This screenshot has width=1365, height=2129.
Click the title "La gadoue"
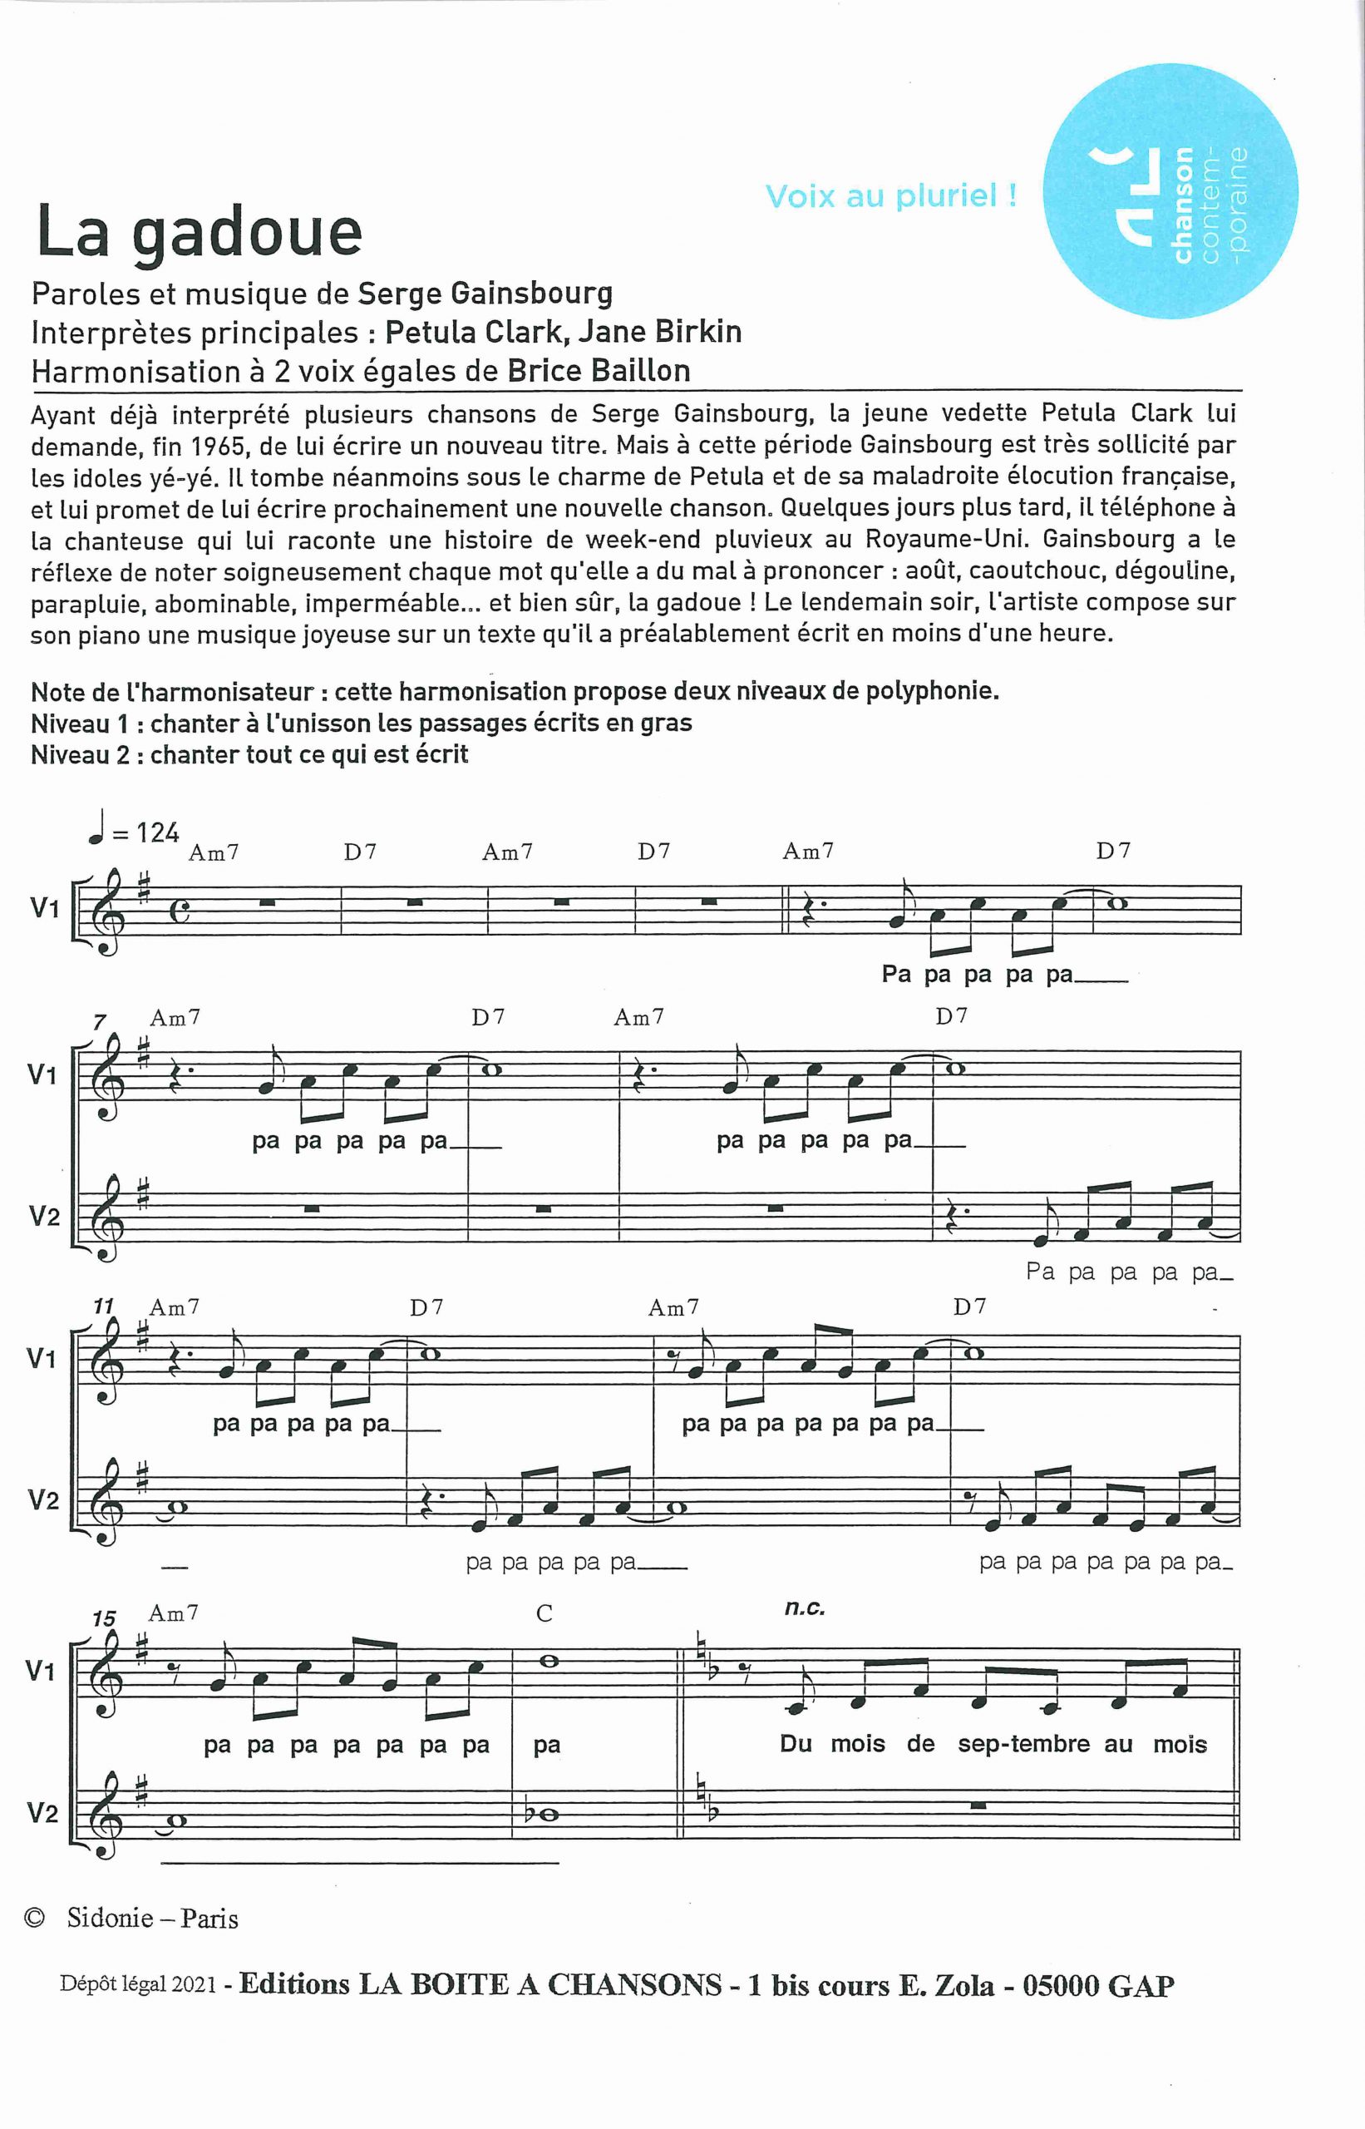pos(200,232)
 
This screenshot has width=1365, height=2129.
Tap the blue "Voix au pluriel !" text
pos(891,196)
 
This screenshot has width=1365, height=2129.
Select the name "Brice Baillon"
pos(599,370)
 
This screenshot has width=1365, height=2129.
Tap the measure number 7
pos(98,1023)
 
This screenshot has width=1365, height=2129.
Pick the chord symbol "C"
pos(545,1614)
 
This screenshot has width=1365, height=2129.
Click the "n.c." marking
pos(805,1608)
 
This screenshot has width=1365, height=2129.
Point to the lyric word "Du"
pos(795,1743)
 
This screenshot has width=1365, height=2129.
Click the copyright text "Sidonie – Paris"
pos(152,1919)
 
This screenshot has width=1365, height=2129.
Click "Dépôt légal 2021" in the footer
pos(138,1985)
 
